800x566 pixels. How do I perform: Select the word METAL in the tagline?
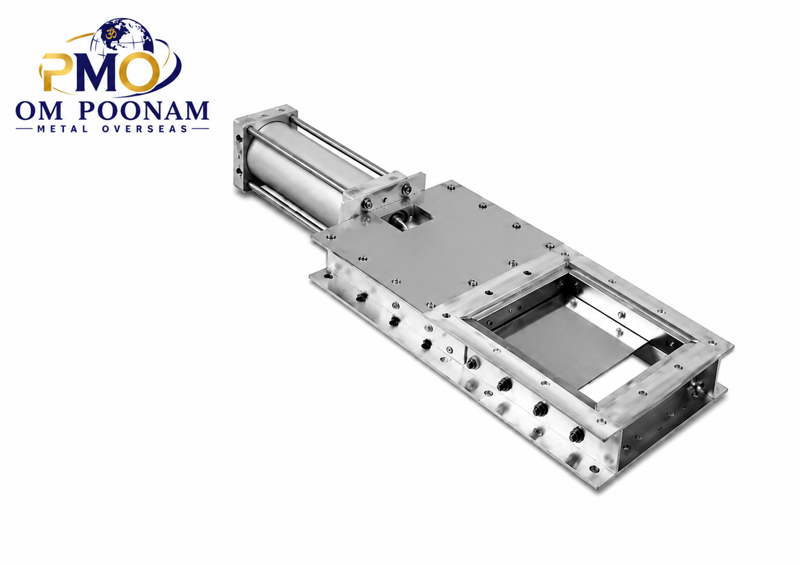click(x=62, y=129)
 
